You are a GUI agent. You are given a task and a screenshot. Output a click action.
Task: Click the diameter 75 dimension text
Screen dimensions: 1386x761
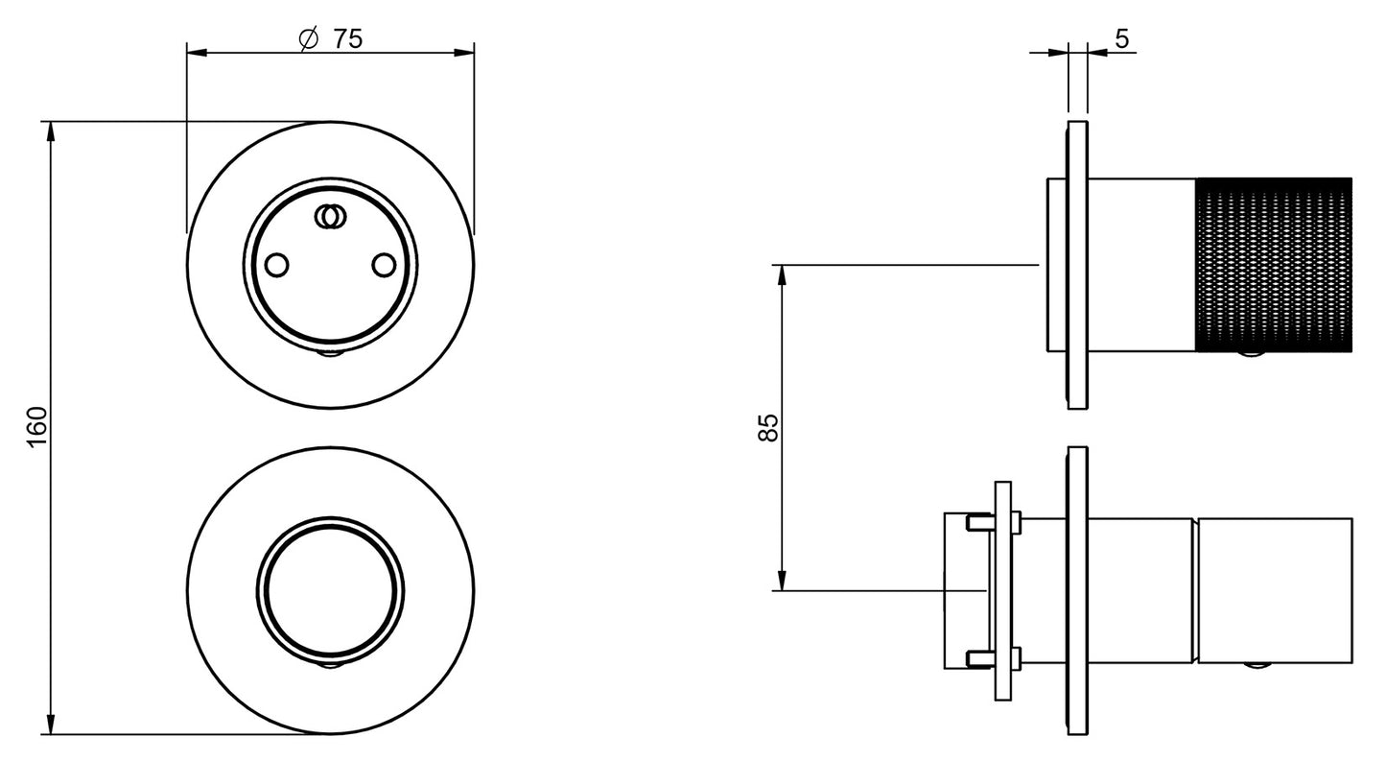click(x=330, y=39)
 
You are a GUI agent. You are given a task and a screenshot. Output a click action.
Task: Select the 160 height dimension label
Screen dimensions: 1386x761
click(x=37, y=428)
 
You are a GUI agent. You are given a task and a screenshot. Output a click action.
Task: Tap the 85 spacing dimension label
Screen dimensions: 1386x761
click(x=768, y=427)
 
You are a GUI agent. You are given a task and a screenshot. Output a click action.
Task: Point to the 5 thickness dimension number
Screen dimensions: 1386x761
click(x=1122, y=39)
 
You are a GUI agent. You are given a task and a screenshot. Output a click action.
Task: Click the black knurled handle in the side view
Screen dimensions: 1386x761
click(x=1274, y=265)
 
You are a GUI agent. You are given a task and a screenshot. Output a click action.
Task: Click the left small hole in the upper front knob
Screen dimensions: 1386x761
click(x=276, y=265)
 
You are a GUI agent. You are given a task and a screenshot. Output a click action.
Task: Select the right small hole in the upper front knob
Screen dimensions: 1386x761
click(x=384, y=265)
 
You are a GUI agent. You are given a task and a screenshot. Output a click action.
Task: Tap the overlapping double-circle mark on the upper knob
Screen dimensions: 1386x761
click(x=330, y=217)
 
